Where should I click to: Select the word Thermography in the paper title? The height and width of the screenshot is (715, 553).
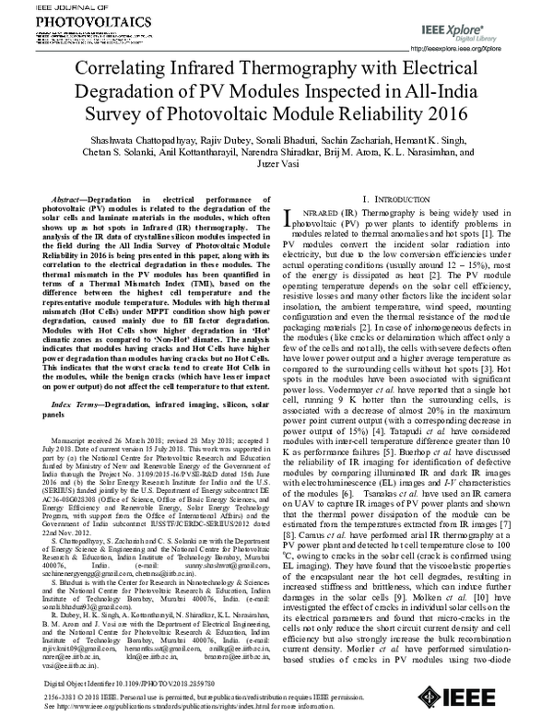pyautogui.click(x=303, y=71)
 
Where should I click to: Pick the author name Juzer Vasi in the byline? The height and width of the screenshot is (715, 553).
pyautogui.click(x=277, y=186)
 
